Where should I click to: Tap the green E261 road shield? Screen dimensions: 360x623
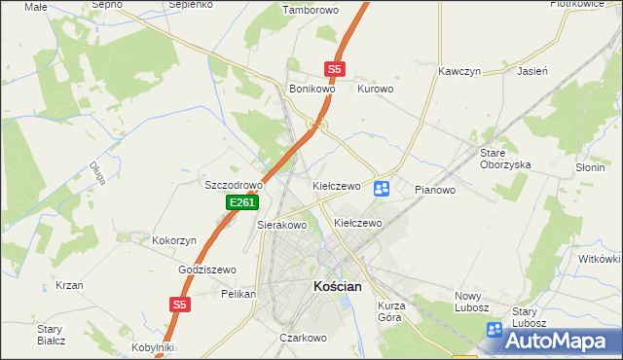(241, 202)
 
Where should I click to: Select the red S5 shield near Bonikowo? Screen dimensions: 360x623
(334, 69)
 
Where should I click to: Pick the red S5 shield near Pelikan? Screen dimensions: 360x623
(178, 305)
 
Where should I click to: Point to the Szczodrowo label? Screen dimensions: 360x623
(234, 185)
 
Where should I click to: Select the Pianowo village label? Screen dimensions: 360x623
(435, 190)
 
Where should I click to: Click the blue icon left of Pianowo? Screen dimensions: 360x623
(382, 188)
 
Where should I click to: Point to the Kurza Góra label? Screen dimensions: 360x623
(390, 311)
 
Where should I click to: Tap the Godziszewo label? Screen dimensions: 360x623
(207, 270)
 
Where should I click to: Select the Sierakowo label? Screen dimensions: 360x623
(282, 225)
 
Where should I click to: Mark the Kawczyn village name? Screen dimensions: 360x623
(460, 72)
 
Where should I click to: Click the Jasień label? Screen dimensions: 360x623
(532, 72)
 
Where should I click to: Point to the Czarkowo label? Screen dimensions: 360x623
(302, 338)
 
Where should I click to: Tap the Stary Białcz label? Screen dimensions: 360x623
(51, 335)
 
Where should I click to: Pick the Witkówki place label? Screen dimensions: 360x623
(600, 259)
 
